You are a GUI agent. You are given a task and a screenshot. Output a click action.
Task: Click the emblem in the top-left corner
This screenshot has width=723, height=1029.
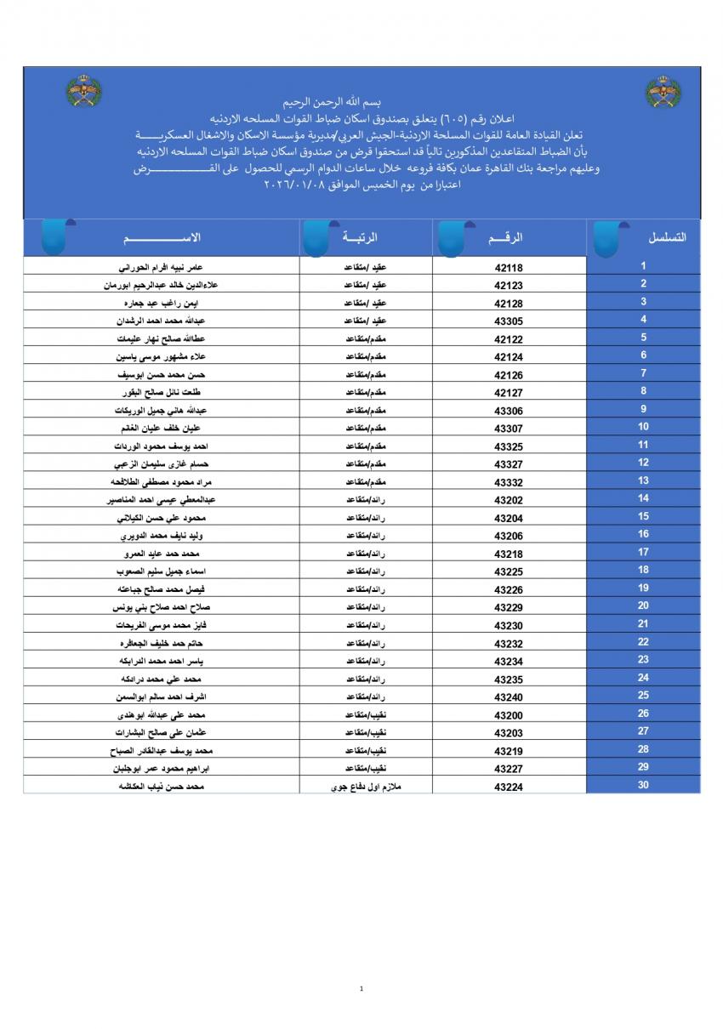click(83, 92)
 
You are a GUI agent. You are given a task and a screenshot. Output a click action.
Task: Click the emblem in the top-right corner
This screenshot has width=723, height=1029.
click(663, 92)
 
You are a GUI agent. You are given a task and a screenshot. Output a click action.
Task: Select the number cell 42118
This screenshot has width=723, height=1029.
click(509, 267)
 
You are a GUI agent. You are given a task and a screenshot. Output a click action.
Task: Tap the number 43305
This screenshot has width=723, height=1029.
click(509, 321)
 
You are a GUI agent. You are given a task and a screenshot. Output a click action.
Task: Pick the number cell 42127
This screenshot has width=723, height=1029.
click(509, 393)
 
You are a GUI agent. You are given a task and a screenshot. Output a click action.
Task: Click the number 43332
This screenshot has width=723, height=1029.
click(509, 482)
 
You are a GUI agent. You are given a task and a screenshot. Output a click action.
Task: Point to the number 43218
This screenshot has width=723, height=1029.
click(509, 554)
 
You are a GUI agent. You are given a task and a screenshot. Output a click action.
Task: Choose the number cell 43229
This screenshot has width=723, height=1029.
click(509, 607)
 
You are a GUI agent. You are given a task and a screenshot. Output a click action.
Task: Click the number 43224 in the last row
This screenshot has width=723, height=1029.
click(509, 787)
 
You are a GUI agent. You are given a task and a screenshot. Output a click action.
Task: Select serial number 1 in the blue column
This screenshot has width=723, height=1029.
click(643, 266)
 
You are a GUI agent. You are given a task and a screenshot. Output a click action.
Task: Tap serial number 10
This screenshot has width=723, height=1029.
click(643, 427)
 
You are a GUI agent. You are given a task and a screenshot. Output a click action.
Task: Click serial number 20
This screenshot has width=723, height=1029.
click(643, 605)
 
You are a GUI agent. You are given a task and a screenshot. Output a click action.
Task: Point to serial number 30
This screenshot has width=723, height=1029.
click(643, 785)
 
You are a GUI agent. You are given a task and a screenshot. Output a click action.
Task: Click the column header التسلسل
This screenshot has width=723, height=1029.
click(668, 237)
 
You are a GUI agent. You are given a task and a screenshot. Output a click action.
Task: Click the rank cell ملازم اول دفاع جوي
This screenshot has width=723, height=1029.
click(366, 787)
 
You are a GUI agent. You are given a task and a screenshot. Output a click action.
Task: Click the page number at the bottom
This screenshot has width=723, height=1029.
click(361, 988)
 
